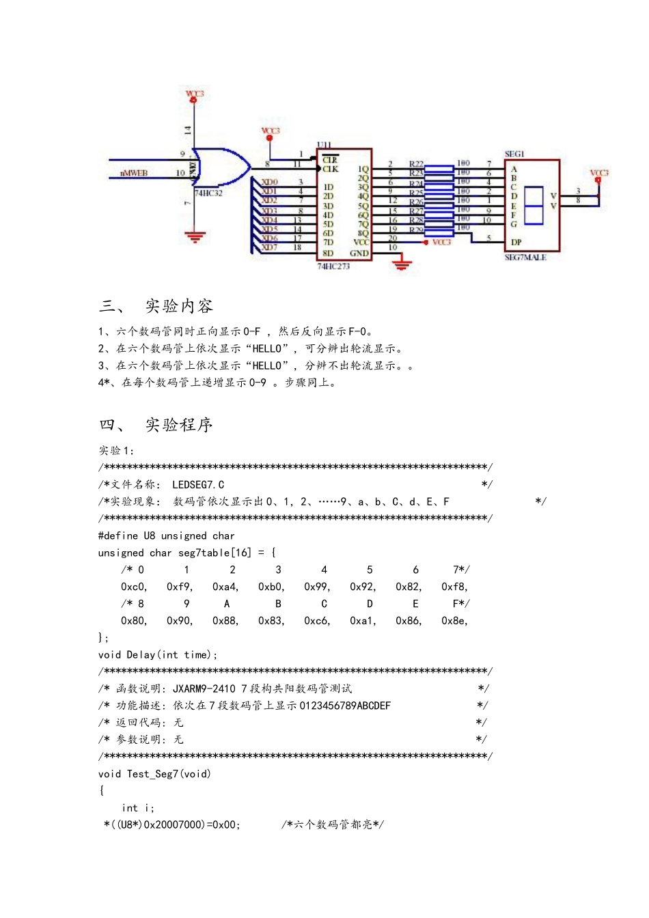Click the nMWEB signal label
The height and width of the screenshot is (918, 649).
(x=134, y=173)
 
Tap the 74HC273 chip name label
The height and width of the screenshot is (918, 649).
(x=333, y=266)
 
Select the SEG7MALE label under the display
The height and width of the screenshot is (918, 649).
(x=525, y=258)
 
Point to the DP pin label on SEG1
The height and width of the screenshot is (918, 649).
(x=516, y=242)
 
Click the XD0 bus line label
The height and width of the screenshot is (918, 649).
(x=270, y=182)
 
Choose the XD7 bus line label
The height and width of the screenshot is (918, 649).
(x=270, y=247)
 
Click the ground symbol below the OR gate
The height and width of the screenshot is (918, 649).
(x=195, y=238)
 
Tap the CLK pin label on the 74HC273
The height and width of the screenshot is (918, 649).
(x=331, y=169)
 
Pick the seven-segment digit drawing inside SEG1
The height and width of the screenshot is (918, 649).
(x=534, y=204)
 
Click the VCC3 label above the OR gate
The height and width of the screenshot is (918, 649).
(x=195, y=94)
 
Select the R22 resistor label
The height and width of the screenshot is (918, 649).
(x=416, y=164)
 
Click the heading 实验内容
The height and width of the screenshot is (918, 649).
(x=179, y=306)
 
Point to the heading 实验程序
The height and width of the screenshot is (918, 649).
(x=179, y=425)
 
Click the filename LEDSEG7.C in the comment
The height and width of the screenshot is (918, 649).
(x=198, y=485)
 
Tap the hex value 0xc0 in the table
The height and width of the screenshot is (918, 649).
(x=133, y=587)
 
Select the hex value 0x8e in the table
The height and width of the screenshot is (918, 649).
(x=454, y=621)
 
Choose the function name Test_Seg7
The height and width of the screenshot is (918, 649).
(x=152, y=774)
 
